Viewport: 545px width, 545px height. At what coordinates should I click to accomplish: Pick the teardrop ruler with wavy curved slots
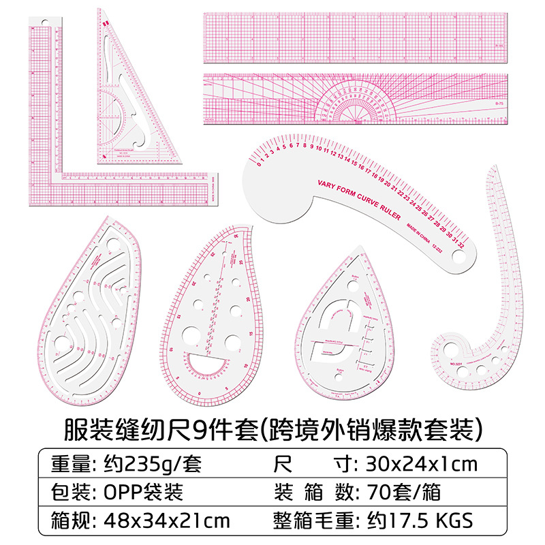(x=95, y=313)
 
